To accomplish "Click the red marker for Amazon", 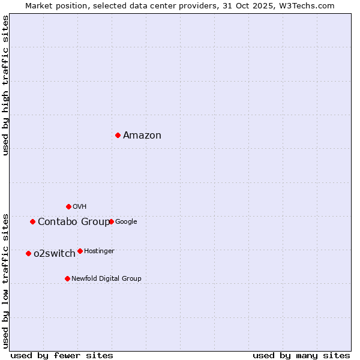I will pos(118,135).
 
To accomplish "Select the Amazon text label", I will pos(142,136).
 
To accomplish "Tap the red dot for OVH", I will pos(68,206).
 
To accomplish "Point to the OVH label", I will pos(80,207).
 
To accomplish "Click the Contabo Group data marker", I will pos(32,221).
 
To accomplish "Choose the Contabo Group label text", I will pos(74,222).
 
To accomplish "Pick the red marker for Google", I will pos(111,221).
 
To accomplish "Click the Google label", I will pos(126,222).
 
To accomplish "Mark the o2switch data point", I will pos(28,253).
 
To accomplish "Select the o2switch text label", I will pos(55,254).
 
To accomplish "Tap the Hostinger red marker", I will pos(80,251).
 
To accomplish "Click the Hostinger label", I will pos(99,251).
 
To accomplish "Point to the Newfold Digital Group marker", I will pos(67,278).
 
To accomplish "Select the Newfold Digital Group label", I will pos(106,279).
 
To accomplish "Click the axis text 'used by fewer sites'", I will pos(62,355).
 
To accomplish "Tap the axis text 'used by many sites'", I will pos(301,355).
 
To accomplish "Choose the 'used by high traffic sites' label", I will pos(5,85).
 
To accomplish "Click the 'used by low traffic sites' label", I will pos(5,281).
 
